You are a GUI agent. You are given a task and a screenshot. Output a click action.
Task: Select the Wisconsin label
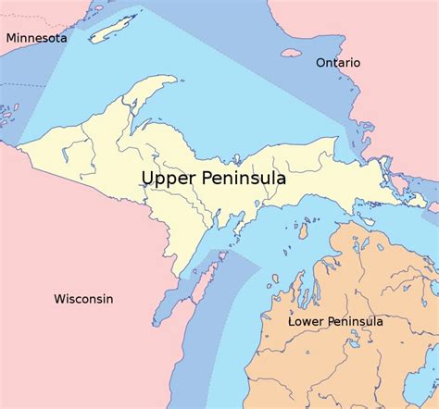[x=83, y=299]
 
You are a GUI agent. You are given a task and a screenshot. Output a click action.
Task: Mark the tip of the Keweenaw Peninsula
[x=173, y=81]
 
